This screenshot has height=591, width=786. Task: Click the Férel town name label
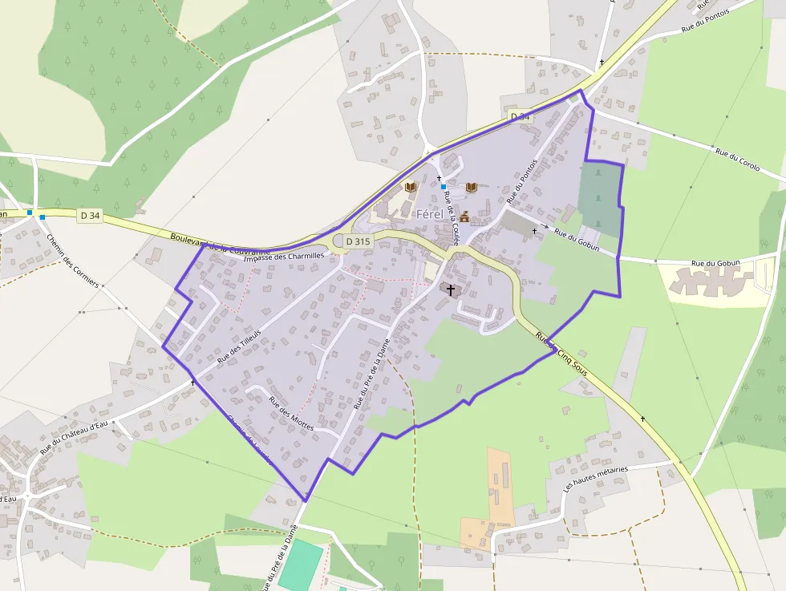430,214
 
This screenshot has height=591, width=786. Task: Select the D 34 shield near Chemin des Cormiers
91,215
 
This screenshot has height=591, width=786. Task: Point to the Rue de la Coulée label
450,217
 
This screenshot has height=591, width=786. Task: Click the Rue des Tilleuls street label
240,346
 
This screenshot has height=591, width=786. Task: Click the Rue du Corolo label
737,159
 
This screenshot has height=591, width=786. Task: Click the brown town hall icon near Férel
464,217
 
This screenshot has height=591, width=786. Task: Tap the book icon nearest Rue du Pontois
472,187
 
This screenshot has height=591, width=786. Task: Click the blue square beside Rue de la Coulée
443,187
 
